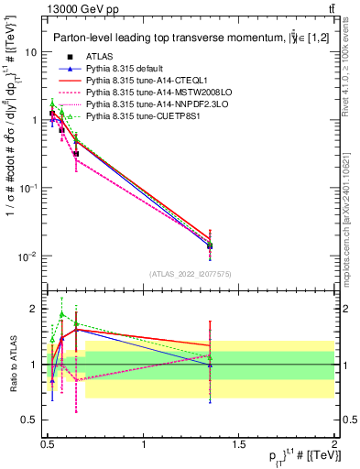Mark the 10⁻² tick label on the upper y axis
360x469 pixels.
(x=27, y=256)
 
